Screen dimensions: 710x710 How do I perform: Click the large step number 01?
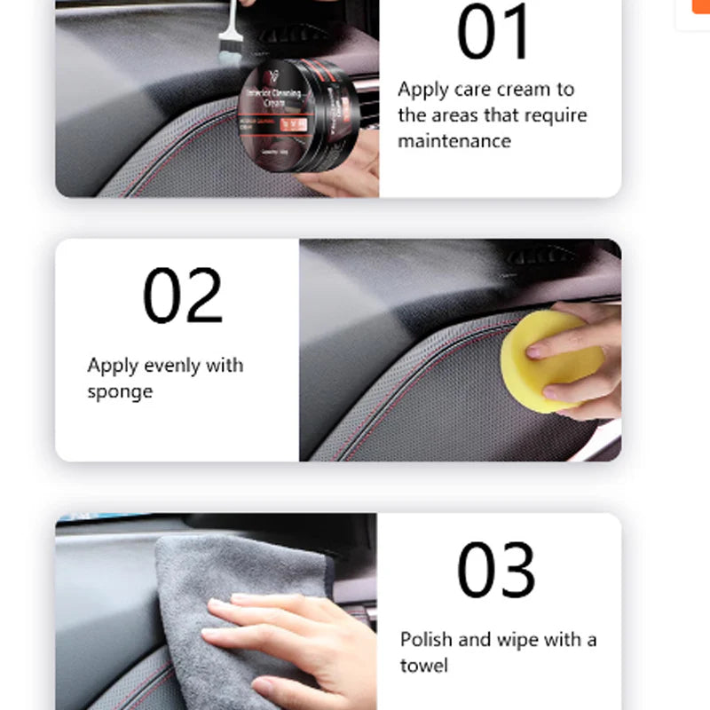pos(493,34)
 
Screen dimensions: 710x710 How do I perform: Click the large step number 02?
pos(183,296)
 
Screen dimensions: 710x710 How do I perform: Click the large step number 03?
pos(496,570)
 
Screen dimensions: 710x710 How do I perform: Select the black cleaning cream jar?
pos(302,115)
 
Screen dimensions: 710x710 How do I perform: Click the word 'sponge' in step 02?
pos(120,391)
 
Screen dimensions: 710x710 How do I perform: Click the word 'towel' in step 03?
pos(424,666)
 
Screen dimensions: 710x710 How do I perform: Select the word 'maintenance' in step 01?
pos(454,141)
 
